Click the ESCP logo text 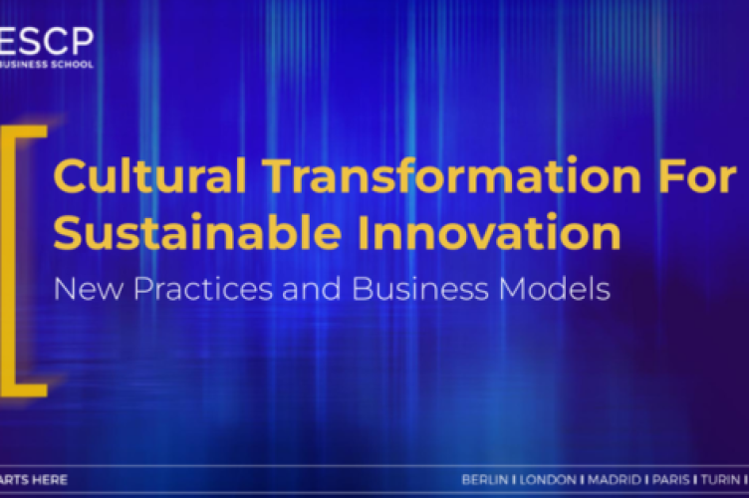(47, 41)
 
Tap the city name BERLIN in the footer (485, 480)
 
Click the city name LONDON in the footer (547, 480)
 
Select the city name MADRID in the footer (612, 480)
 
